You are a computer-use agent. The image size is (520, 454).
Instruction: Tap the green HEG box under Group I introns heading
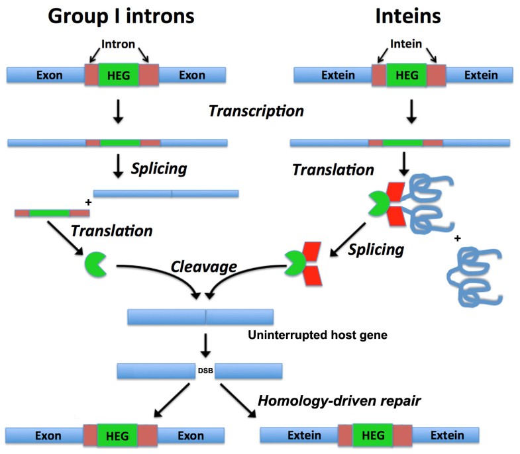[118, 75]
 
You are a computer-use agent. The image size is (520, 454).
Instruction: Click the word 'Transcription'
[256, 111]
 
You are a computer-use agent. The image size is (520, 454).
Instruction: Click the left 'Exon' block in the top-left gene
[45, 75]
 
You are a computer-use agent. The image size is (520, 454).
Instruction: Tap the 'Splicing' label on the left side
[159, 169]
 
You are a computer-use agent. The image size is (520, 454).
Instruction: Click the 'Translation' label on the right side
[333, 170]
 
